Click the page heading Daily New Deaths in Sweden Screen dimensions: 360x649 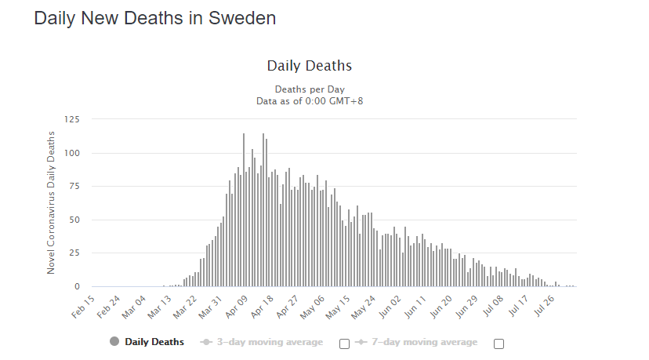(x=155, y=18)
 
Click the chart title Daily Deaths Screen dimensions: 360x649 (x=309, y=65)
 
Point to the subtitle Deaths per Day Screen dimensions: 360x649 (x=309, y=89)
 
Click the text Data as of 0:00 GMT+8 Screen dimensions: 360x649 (x=309, y=100)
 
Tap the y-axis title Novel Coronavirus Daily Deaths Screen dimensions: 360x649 (x=52, y=202)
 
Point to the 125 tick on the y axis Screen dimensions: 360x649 (x=72, y=119)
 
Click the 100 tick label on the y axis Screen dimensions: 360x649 (x=72, y=153)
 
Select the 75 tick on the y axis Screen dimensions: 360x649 (x=74, y=187)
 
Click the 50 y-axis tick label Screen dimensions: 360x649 (x=74, y=220)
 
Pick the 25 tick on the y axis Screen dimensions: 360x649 (x=74, y=253)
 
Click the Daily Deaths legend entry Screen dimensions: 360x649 (x=154, y=342)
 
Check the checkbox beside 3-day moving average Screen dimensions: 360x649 (x=344, y=343)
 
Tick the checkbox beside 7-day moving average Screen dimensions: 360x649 (x=499, y=343)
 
